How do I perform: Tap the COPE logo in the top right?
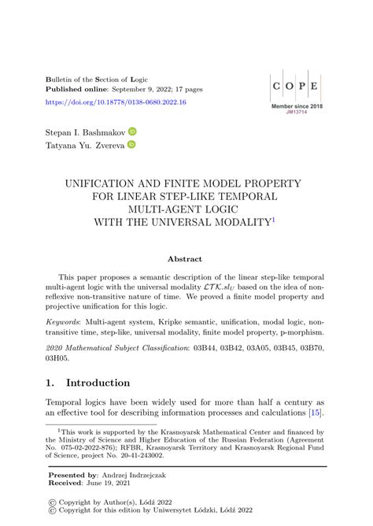(x=296, y=86)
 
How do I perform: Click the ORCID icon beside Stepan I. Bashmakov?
(x=133, y=131)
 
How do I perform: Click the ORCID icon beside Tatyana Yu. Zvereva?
(x=131, y=145)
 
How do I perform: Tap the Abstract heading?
(x=186, y=258)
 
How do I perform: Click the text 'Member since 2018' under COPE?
(x=297, y=106)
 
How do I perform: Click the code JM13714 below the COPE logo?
(x=297, y=113)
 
